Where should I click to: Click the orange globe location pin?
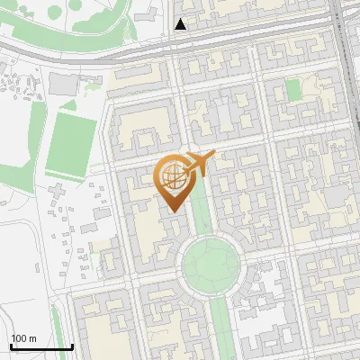click(173, 180)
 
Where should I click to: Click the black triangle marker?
click(181, 24)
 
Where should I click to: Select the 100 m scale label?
click(23, 338)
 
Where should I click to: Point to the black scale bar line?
click(41, 346)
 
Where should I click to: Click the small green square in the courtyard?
click(292, 89)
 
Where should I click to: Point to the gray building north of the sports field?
click(63, 84)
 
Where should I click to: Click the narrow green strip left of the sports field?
click(45, 144)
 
